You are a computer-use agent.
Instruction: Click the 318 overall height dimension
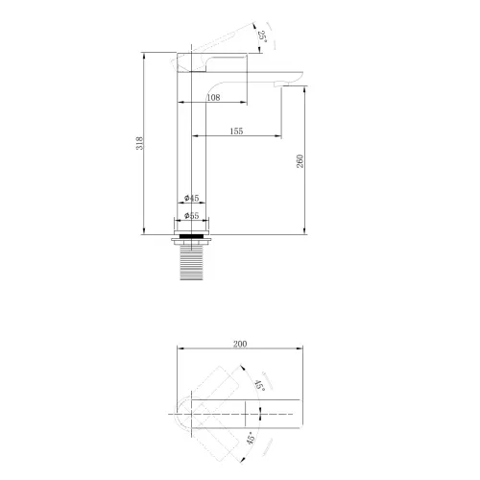pos(140,143)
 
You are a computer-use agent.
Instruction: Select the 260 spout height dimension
pos(300,161)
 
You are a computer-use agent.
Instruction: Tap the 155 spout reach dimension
pos(236,131)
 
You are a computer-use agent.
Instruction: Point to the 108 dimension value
pos(213,97)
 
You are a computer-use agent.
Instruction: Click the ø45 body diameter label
pos(191,198)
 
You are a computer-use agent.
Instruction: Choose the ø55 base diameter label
pos(191,216)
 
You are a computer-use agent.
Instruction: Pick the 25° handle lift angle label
pos(262,36)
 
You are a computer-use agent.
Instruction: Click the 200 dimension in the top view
pos(240,344)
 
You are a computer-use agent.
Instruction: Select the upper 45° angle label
pos(260,385)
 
